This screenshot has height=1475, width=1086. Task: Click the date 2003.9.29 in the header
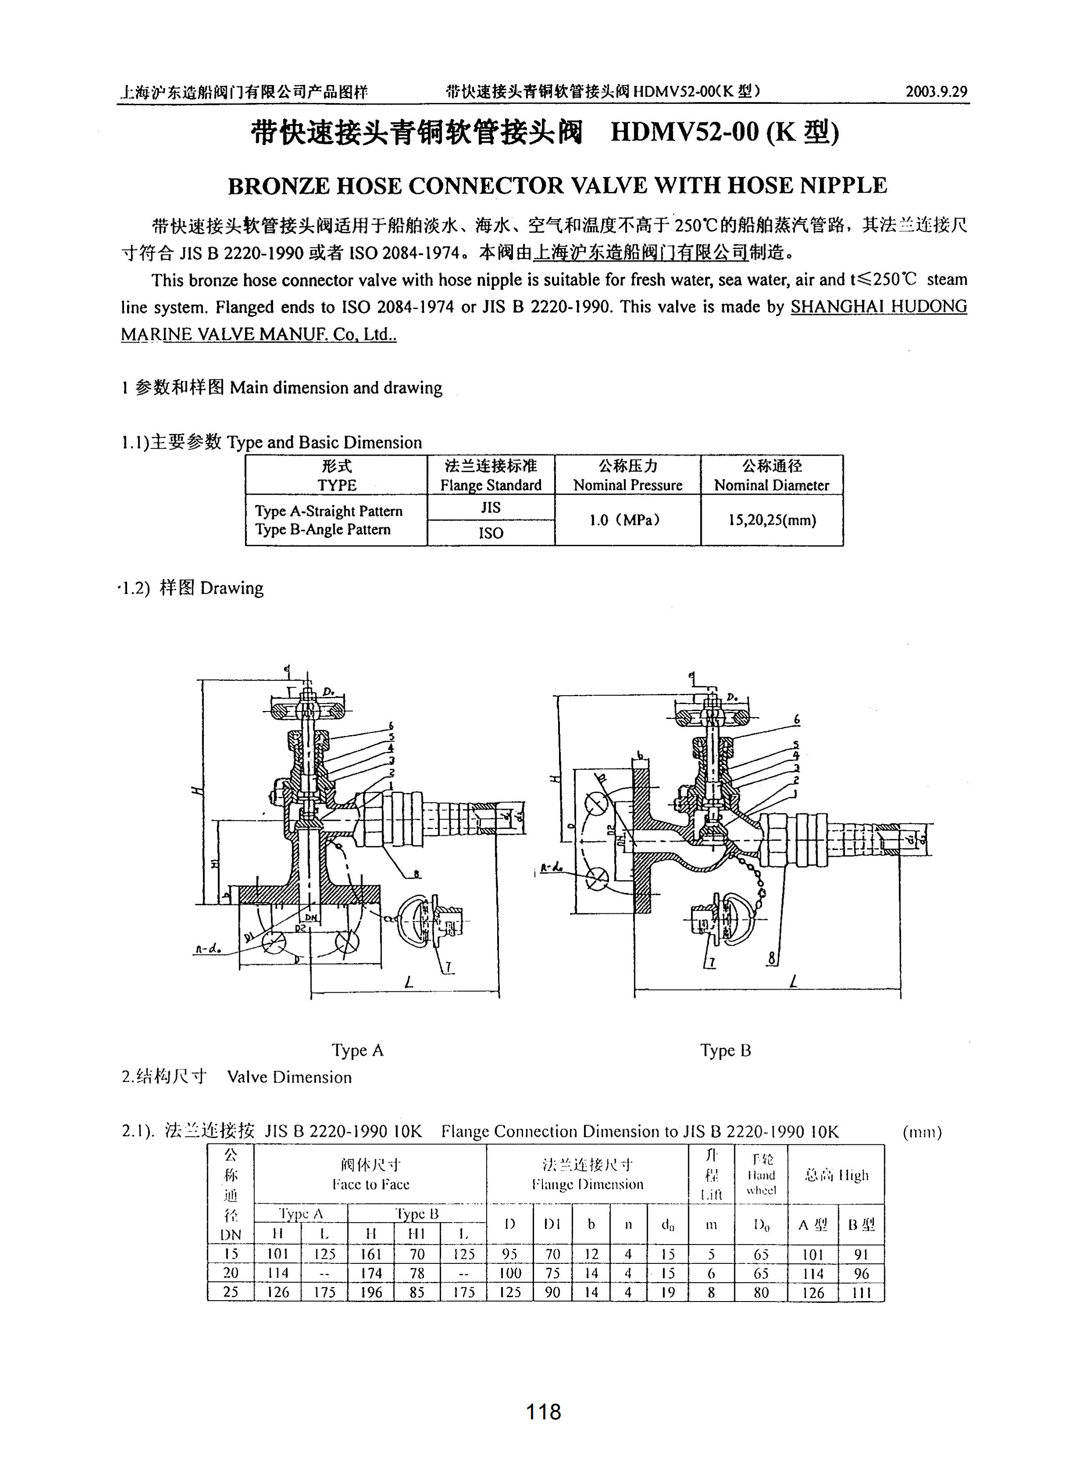pyautogui.click(x=936, y=92)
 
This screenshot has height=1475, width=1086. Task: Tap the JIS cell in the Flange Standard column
pyautogui.click(x=490, y=507)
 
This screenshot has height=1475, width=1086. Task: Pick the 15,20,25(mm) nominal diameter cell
pyautogui.click(x=772, y=520)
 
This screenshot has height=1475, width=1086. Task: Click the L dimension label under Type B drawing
pyautogui.click(x=793, y=983)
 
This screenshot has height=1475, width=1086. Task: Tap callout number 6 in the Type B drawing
pyautogui.click(x=797, y=720)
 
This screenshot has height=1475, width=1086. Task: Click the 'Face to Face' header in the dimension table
pyautogui.click(x=371, y=1185)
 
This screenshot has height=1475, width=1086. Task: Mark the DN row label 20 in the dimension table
pyautogui.click(x=231, y=1273)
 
